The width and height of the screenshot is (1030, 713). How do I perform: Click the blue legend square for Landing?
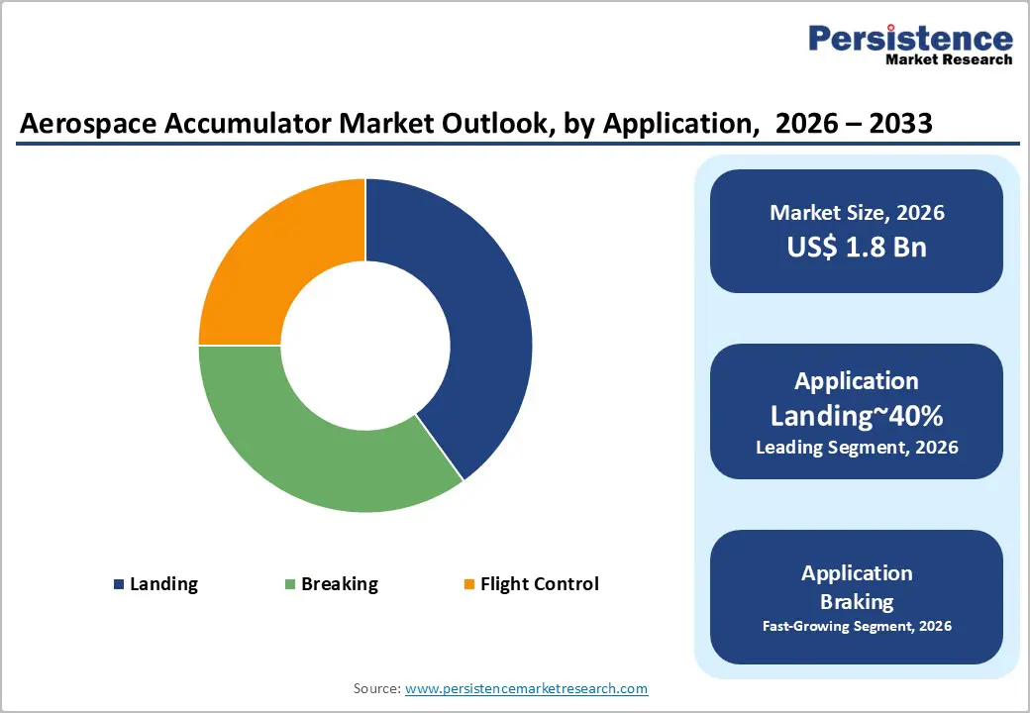tap(120, 584)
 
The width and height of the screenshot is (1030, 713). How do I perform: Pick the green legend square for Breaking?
tap(290, 584)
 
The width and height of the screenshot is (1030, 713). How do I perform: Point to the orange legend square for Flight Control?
tap(469, 584)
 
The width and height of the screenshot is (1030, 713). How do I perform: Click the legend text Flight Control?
tap(540, 584)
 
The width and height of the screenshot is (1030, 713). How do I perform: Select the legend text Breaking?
tap(340, 584)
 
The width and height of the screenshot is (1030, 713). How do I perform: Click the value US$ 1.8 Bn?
tap(857, 247)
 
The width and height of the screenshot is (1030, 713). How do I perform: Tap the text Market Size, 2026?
tap(857, 213)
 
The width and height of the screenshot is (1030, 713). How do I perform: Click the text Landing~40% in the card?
tap(857, 416)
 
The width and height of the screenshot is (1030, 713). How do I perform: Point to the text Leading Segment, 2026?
tap(857, 448)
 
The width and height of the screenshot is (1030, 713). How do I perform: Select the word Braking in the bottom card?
tap(857, 601)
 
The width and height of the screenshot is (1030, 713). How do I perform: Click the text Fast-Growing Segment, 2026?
tap(857, 626)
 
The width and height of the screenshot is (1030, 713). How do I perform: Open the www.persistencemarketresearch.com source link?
tap(526, 688)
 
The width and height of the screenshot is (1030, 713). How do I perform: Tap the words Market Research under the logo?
tap(949, 60)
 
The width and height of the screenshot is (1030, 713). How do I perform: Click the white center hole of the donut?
tap(365, 346)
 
